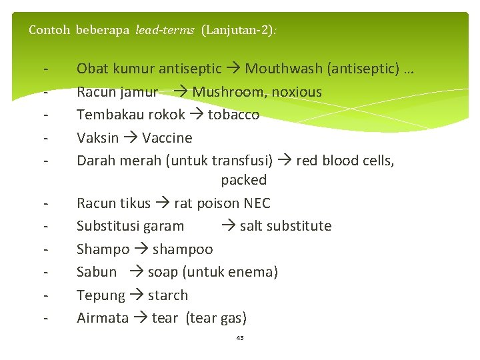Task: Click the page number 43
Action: pyautogui.click(x=240, y=338)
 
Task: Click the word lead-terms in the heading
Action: pyautogui.click(x=165, y=30)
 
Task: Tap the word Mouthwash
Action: pyautogui.click(x=278, y=69)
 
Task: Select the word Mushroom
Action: pyautogui.click(x=227, y=92)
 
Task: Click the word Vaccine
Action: pyautogui.click(x=167, y=138)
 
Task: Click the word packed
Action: pyautogui.click(x=244, y=180)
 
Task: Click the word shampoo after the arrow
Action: pyautogui.click(x=183, y=249)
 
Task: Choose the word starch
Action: pyautogui.click(x=168, y=295)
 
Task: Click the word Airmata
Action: pyautogui.click(x=103, y=318)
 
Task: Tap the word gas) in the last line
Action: pyautogui.click(x=233, y=318)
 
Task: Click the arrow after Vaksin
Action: pyautogui.click(x=131, y=138)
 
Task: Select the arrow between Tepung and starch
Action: pyautogui.click(x=137, y=295)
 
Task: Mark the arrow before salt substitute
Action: pyautogui.click(x=228, y=226)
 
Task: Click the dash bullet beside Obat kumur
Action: pyautogui.click(x=45, y=69)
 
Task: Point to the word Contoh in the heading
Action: pyautogui.click(x=49, y=30)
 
